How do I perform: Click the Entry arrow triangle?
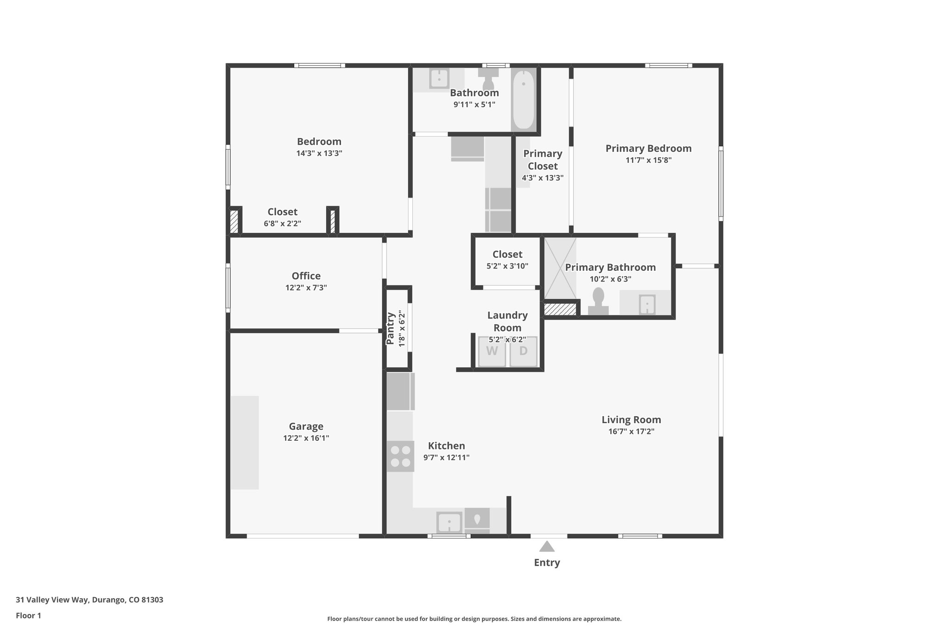(547, 547)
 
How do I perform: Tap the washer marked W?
(492, 351)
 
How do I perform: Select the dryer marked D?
(523, 351)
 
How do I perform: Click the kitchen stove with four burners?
(400, 456)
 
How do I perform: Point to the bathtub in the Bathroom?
(524, 99)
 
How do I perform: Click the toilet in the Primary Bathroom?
(598, 301)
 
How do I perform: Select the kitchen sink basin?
(449, 523)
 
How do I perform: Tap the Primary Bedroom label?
(648, 149)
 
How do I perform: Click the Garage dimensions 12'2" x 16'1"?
(306, 438)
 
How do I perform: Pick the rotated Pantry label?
(390, 328)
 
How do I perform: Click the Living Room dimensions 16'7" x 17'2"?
(631, 432)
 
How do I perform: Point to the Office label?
(306, 276)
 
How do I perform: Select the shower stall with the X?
(560, 268)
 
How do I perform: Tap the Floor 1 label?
(29, 615)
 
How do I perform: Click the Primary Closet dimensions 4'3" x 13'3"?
(543, 178)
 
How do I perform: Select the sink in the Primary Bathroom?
(646, 304)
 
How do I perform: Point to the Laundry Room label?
(507, 321)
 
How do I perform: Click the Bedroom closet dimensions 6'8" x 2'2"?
(282, 224)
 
